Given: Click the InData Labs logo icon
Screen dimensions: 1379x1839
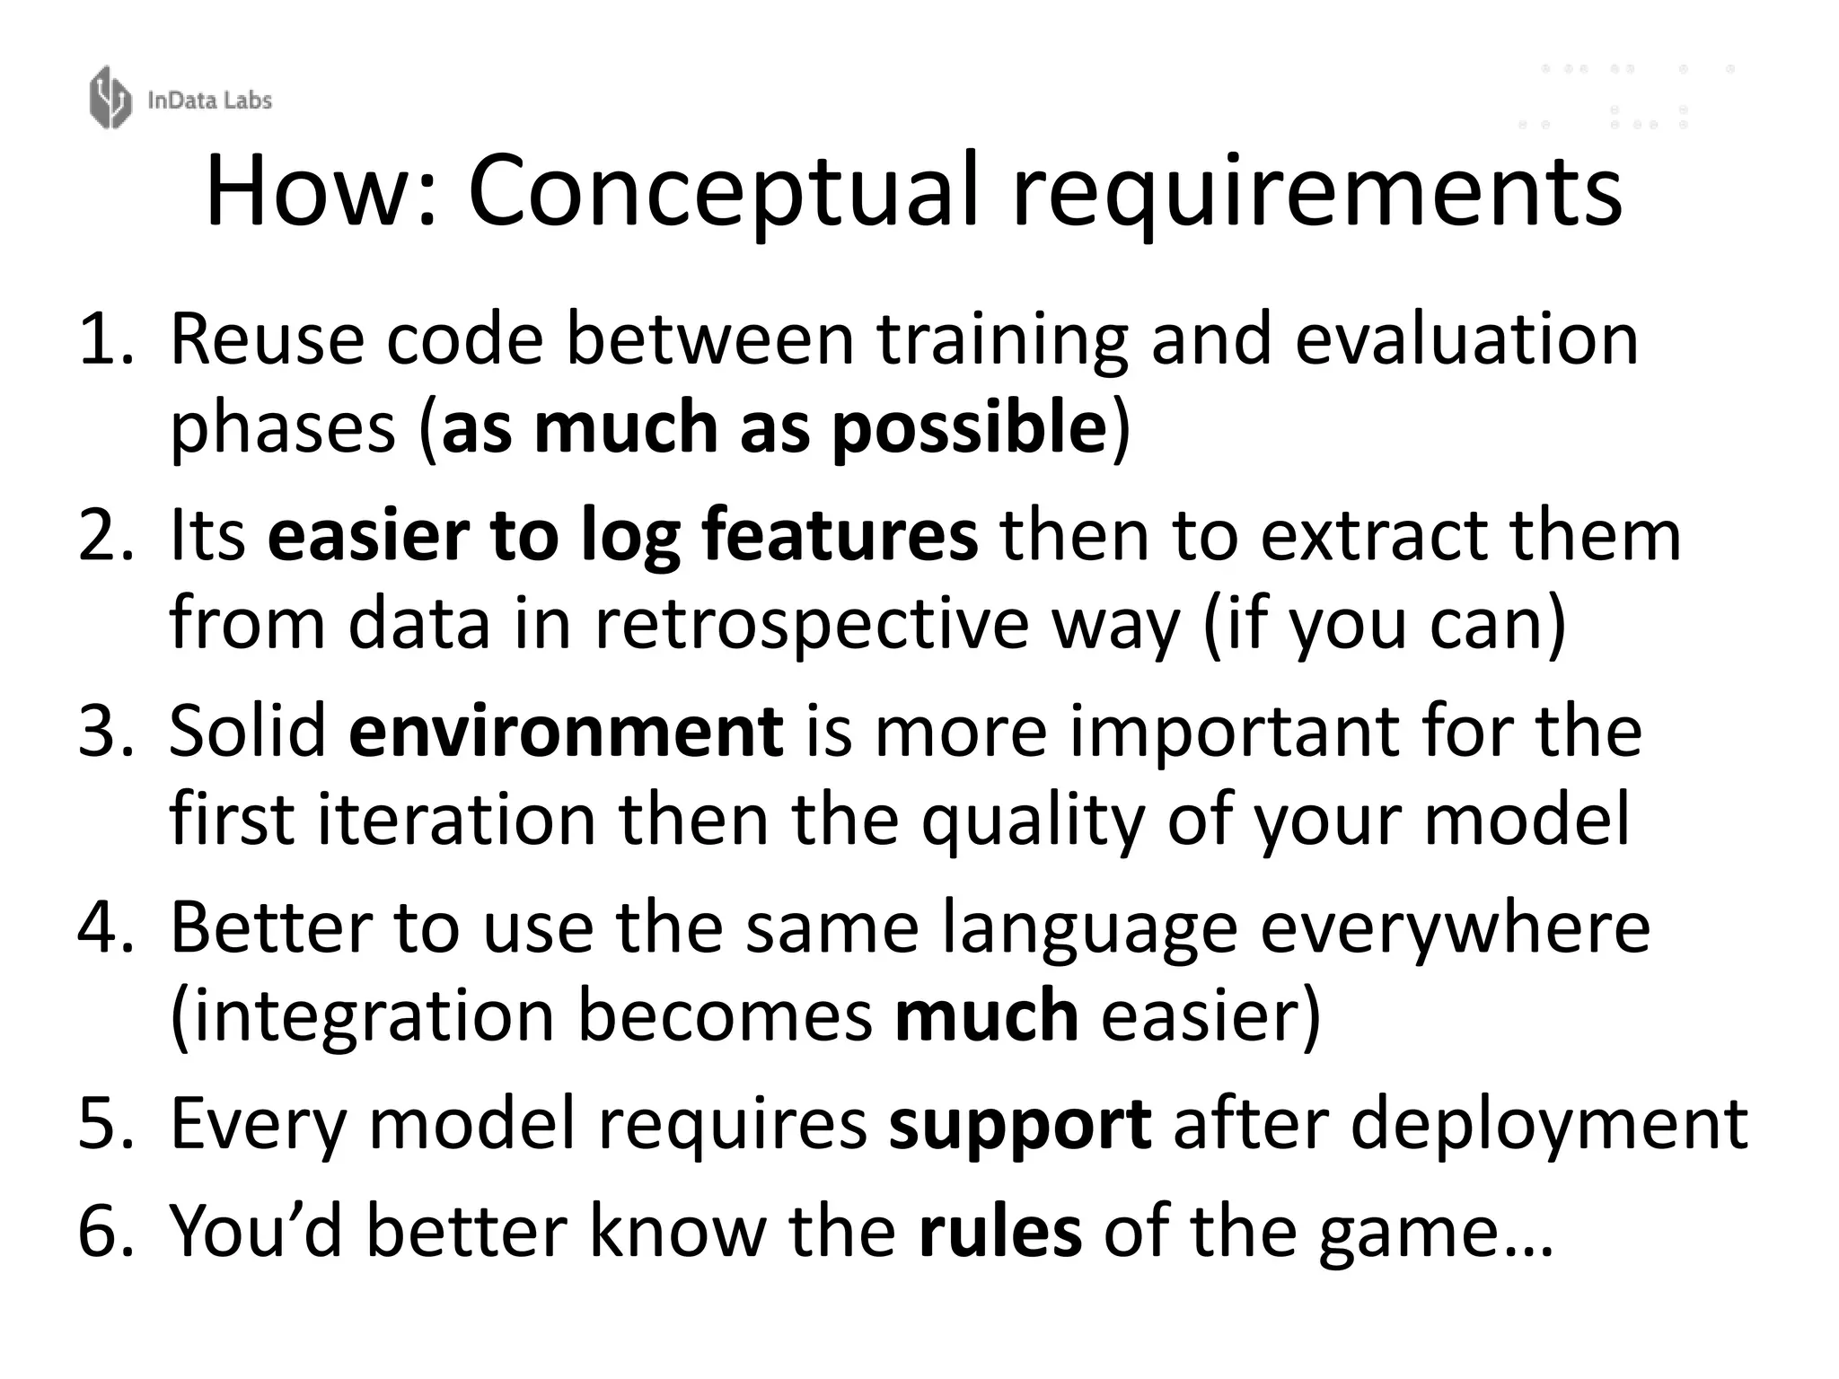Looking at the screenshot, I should point(110,97).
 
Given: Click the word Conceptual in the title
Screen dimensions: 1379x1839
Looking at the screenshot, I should point(723,191).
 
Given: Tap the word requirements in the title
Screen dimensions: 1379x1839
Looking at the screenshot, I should point(1317,191).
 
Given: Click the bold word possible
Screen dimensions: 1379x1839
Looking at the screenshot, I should point(969,426).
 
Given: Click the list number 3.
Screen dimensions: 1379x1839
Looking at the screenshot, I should point(104,732).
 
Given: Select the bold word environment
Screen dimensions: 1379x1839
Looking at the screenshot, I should point(566,732).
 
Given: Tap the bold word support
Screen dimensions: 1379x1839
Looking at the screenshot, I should point(1019,1123).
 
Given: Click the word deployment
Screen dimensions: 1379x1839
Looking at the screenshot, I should point(1549,1123).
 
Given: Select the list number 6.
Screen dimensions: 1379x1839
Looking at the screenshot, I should point(104,1231).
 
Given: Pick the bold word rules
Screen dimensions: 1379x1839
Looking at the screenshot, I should point(999,1231).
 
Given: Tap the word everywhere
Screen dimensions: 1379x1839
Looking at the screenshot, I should point(1455,927).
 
